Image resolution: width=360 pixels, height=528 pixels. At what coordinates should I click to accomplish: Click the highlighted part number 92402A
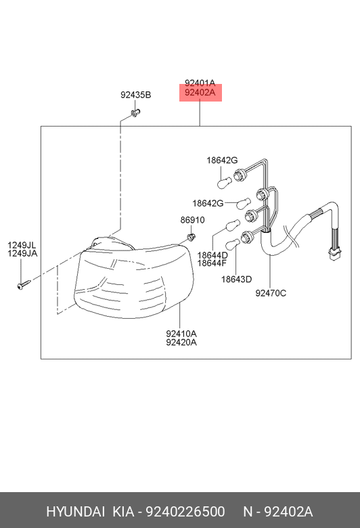(200, 92)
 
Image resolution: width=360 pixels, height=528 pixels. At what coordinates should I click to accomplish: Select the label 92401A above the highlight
(200, 83)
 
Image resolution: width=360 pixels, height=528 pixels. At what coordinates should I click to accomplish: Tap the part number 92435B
(136, 95)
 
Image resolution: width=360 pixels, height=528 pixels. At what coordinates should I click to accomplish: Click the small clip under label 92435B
(135, 113)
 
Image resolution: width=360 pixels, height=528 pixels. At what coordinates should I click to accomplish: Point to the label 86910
(192, 220)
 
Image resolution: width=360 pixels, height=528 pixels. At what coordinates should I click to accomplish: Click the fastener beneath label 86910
(191, 236)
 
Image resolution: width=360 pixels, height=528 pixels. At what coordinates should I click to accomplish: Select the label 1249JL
(22, 245)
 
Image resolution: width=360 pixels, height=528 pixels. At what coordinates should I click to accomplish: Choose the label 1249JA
(22, 253)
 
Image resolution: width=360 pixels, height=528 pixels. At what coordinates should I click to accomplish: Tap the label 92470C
(271, 293)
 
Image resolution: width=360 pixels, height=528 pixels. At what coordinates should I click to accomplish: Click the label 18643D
(236, 279)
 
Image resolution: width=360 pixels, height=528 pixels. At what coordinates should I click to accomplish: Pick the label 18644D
(212, 255)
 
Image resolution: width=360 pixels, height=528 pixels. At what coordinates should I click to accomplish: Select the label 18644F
(212, 263)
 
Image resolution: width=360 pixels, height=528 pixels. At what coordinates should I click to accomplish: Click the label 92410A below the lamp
(181, 334)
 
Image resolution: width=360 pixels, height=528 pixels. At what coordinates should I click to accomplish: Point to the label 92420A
(181, 342)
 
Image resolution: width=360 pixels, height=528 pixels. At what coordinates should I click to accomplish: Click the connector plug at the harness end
(334, 255)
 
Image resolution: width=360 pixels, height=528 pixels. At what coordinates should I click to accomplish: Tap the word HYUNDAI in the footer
(75, 512)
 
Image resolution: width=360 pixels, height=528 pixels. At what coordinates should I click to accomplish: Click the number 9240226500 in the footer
(185, 512)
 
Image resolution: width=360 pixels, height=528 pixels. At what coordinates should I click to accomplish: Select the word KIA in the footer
(123, 512)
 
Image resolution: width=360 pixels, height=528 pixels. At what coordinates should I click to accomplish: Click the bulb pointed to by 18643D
(232, 244)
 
